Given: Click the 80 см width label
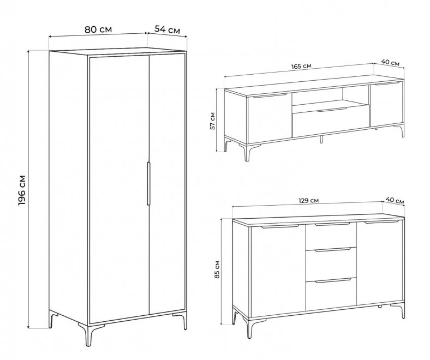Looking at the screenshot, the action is (98, 29).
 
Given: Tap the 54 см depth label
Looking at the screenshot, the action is (168, 29).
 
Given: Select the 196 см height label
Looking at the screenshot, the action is (22, 190).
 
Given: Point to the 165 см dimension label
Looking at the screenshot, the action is (301, 66).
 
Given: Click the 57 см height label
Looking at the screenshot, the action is (212, 121).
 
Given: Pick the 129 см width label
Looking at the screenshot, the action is (309, 200).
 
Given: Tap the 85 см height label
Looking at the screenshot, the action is (218, 269).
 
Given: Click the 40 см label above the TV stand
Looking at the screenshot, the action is (390, 62).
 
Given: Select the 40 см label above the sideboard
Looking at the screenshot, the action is (395, 200).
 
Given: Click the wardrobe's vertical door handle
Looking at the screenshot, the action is (148, 183).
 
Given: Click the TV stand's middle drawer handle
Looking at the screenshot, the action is (332, 110).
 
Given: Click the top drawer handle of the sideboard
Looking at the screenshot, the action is (333, 224).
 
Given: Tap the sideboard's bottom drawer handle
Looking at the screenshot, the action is (333, 280).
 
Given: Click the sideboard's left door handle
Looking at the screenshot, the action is (280, 227).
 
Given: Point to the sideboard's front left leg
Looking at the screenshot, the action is (249, 328).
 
